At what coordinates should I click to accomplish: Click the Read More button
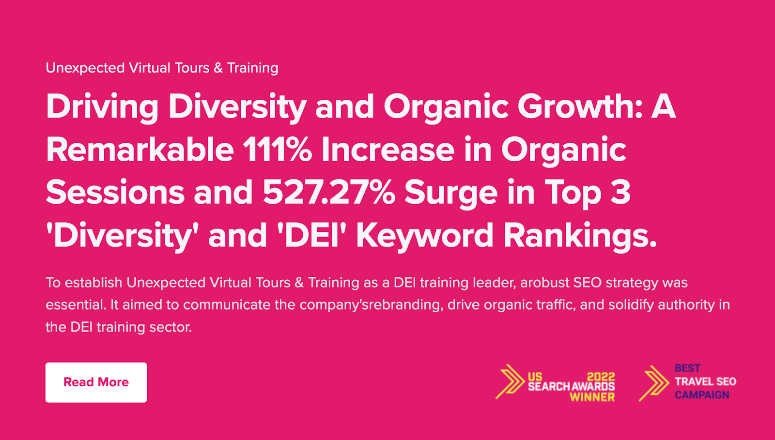96,382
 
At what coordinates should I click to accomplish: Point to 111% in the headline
277,150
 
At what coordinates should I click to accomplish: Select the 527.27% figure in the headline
329,193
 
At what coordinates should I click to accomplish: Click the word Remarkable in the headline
140,149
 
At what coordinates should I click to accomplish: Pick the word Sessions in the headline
115,193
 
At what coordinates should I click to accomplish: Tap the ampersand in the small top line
218,68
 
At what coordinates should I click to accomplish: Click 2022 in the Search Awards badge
601,377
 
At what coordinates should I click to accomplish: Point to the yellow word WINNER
592,397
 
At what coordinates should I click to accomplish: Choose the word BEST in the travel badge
687,368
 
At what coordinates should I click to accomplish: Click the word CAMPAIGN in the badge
702,394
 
